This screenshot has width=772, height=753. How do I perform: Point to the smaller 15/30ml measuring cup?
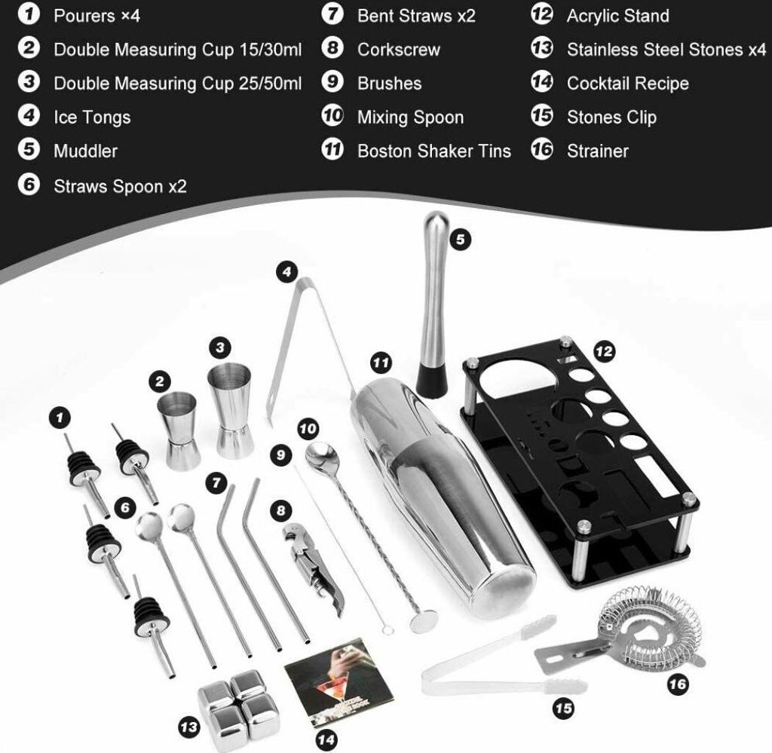pos(179,430)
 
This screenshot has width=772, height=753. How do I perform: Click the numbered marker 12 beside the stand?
pos(604,351)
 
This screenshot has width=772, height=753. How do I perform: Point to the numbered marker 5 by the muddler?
pos(460,240)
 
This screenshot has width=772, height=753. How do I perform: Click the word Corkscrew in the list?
pos(399,50)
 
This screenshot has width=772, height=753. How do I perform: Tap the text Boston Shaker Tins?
pos(434,151)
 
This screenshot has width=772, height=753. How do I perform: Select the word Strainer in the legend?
pos(598,151)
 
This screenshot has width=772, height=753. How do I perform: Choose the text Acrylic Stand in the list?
pos(618,16)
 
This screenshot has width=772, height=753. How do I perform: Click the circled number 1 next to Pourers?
pos(29,14)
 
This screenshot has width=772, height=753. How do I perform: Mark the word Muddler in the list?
pos(86,151)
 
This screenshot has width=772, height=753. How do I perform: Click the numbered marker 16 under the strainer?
pos(678,684)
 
